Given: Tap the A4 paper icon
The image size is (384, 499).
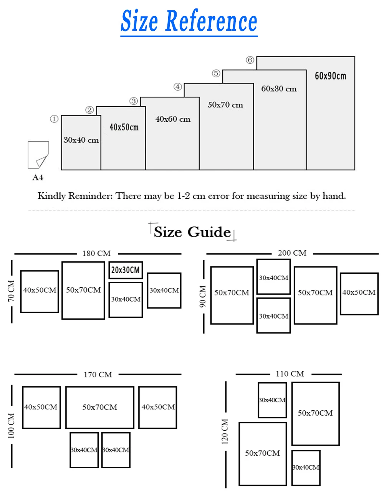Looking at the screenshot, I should [38, 155].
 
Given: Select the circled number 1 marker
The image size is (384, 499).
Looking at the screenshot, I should [54, 119].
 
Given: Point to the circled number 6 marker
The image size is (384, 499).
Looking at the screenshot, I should [250, 60].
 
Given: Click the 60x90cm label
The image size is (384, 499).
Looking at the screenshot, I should [330, 76].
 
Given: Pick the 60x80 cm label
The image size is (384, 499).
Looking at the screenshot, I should [279, 89].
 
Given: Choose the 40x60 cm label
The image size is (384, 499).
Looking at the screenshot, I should [173, 119].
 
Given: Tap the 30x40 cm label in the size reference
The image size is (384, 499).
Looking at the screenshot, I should [81, 140].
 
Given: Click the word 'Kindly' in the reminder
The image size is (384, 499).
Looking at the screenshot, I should [51, 196].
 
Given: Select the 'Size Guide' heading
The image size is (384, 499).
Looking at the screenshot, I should [192, 232].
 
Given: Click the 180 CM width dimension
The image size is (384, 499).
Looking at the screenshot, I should [96, 253].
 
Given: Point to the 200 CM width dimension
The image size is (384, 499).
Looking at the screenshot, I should [292, 253].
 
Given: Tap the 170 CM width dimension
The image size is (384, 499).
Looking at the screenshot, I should [98, 374].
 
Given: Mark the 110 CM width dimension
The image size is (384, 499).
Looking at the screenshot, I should [290, 373].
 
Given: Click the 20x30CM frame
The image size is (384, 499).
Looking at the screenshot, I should [126, 270].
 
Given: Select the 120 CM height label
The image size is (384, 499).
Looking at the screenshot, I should [225, 431].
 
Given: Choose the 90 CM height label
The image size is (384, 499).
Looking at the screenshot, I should [203, 296].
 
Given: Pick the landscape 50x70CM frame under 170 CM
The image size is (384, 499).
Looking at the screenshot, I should [100, 407].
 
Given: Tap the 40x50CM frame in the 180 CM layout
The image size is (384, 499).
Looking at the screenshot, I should [40, 291].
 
